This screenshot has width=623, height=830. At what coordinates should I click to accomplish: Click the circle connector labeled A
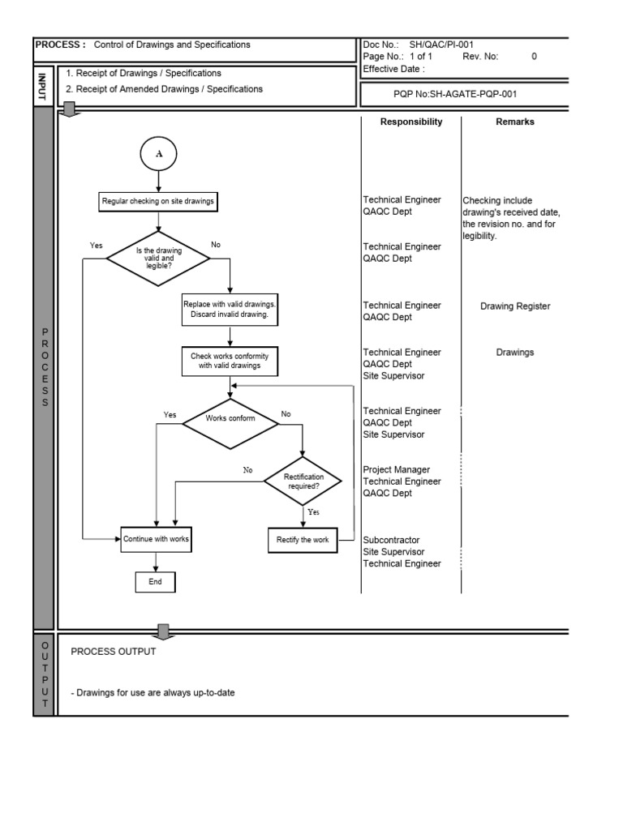pyautogui.click(x=158, y=155)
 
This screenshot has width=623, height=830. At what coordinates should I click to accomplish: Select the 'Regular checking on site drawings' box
pyautogui.click(x=158, y=201)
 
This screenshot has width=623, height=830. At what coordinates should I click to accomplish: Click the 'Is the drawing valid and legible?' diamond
pyautogui.click(x=158, y=259)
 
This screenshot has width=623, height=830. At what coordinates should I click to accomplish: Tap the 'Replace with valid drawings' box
pyautogui.click(x=230, y=308)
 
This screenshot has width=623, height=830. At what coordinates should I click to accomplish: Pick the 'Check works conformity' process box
pyautogui.click(x=230, y=361)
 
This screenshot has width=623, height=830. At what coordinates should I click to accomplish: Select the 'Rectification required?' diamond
pyautogui.click(x=303, y=481)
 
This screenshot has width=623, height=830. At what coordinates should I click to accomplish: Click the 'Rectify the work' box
pyautogui.click(x=303, y=540)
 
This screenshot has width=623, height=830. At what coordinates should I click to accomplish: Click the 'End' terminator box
pyautogui.click(x=155, y=582)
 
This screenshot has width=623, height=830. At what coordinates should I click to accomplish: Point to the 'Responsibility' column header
pyautogui.click(x=411, y=122)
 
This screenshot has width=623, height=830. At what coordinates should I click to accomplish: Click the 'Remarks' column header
pyautogui.click(x=514, y=122)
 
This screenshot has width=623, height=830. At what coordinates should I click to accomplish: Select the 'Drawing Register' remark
pyautogui.click(x=515, y=306)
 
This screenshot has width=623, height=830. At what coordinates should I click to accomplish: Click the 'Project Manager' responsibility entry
pyautogui.click(x=397, y=470)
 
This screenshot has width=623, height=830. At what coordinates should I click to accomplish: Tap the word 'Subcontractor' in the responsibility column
pyautogui.click(x=392, y=540)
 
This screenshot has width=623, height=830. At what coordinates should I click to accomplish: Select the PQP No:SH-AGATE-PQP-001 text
pyautogui.click(x=455, y=94)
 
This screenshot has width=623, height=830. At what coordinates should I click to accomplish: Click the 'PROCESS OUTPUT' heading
pyautogui.click(x=114, y=652)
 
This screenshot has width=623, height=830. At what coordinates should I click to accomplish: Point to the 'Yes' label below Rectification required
pyautogui.click(x=313, y=512)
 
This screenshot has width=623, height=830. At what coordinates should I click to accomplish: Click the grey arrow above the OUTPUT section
pyautogui.click(x=163, y=631)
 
